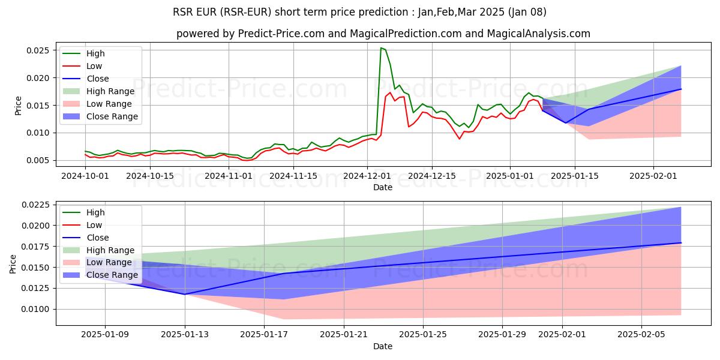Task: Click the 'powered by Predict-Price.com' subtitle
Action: tap(383, 34)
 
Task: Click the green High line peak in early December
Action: tap(381, 48)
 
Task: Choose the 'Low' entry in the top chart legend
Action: tap(94, 66)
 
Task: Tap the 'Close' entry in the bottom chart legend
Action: tap(98, 238)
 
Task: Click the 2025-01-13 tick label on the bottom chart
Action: tap(185, 335)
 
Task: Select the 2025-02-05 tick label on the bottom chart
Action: tap(641, 335)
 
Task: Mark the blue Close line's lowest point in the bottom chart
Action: tap(185, 294)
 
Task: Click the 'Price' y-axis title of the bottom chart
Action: tap(13, 264)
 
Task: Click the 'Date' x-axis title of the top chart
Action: tap(383, 187)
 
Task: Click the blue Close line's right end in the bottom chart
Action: tap(681, 242)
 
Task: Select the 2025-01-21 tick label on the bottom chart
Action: tap(344, 335)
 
